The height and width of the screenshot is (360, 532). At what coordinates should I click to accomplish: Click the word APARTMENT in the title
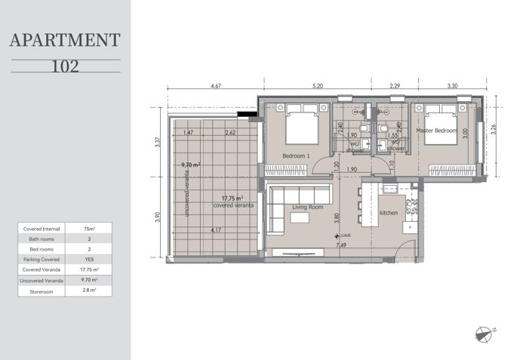(65, 41)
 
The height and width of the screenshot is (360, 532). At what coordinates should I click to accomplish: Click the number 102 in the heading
(65, 66)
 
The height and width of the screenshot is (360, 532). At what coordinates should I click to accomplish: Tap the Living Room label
(308, 207)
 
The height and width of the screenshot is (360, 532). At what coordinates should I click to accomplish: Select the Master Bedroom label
(437, 131)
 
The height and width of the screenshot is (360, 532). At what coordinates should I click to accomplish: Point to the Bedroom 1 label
(296, 155)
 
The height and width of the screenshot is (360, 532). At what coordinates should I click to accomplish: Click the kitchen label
(388, 213)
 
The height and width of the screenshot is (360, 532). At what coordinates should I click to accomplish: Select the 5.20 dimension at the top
(316, 87)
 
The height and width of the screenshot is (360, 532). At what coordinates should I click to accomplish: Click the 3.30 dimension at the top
(452, 87)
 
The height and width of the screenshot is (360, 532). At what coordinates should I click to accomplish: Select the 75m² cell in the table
(99, 227)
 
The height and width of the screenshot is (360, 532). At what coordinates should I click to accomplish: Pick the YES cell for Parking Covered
(99, 258)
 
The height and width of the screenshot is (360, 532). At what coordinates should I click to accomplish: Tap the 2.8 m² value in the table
(99, 289)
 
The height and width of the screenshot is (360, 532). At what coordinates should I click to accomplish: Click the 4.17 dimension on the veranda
(216, 230)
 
